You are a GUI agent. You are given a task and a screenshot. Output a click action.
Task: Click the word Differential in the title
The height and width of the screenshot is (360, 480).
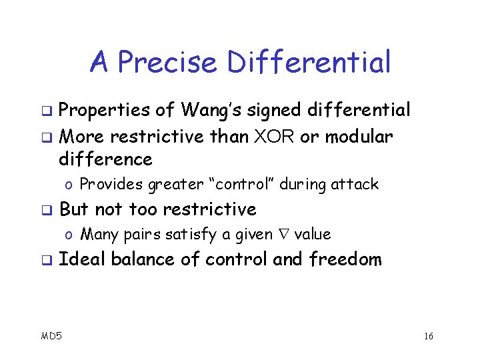click(309, 63)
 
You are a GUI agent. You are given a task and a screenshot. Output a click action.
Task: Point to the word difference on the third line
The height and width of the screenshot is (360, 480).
click(106, 159)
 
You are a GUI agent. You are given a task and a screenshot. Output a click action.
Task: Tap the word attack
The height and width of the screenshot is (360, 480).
click(355, 184)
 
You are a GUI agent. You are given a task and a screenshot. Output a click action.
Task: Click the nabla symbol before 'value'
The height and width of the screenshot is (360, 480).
click(283, 235)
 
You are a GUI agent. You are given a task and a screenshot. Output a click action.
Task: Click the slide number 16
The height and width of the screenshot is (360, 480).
click(428, 336)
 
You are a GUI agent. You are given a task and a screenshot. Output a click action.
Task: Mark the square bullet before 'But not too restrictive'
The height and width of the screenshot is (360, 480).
click(45, 210)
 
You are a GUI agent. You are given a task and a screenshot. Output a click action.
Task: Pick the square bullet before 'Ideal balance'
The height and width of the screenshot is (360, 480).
click(45, 260)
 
